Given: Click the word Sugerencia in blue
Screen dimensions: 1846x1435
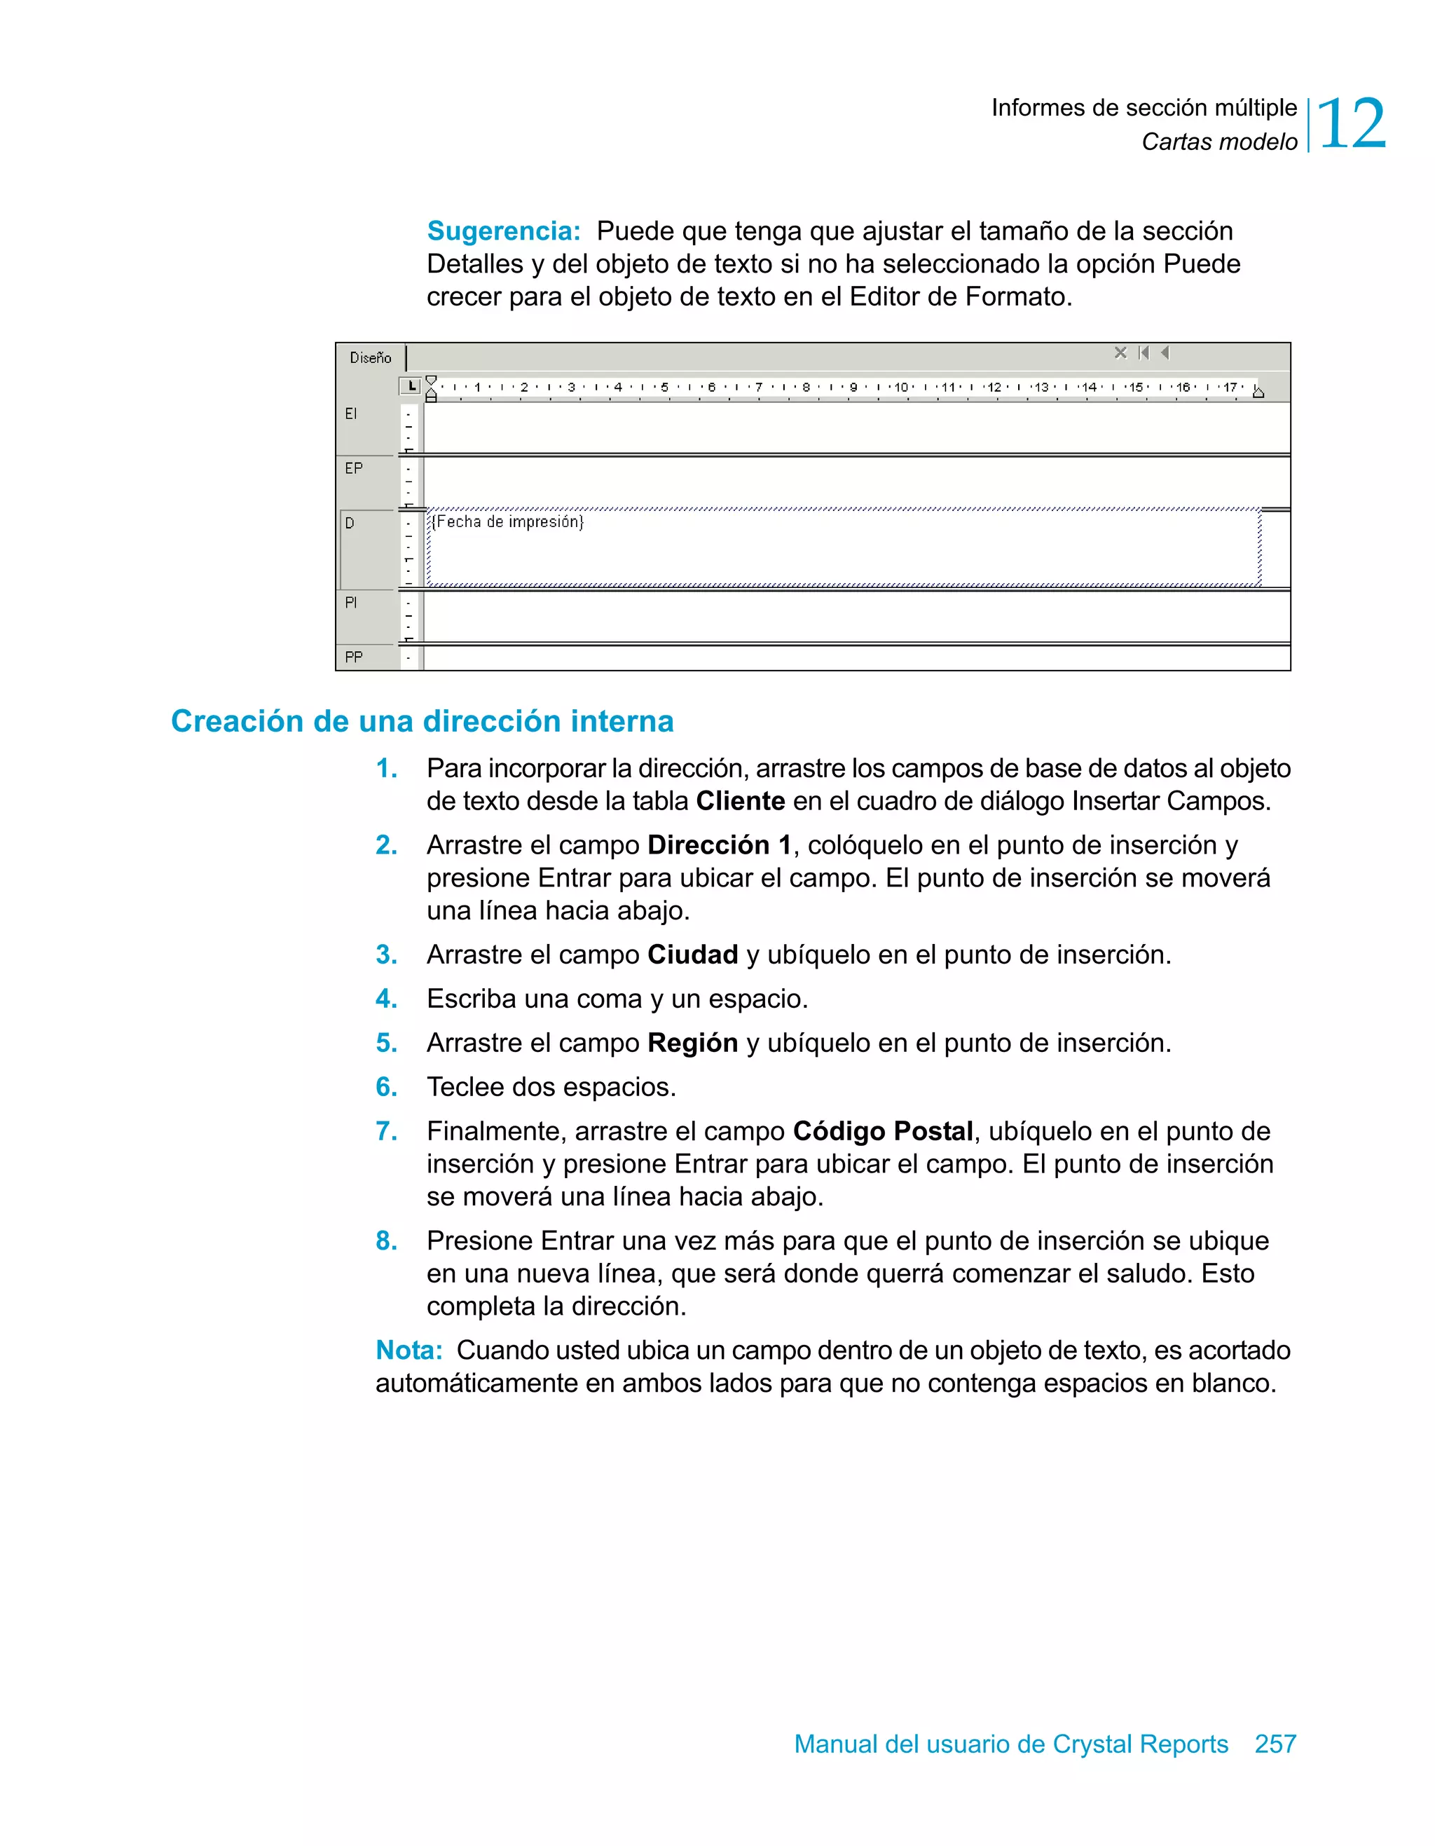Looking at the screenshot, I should point(504,231).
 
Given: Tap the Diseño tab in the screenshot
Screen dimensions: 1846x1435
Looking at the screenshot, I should point(370,357).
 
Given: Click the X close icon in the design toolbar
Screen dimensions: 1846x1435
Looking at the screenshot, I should point(1120,353).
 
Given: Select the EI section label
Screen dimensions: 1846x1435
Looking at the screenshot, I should point(351,413).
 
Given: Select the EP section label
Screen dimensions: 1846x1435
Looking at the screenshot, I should point(353,467).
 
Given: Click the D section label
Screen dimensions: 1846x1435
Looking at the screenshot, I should point(349,524).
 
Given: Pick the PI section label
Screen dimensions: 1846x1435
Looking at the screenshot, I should point(351,603).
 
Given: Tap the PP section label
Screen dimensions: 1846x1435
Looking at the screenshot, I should point(353,657).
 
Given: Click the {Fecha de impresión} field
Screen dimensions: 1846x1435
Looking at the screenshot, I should point(507,521).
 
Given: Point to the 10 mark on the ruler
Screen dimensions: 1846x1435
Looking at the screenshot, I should point(901,387).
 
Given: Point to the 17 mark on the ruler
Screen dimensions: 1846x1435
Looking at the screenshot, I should point(1230,387).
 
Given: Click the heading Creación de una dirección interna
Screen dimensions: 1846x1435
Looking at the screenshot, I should point(422,721).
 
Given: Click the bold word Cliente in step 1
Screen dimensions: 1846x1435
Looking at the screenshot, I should point(741,800).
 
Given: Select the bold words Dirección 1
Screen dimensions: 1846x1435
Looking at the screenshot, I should point(719,845).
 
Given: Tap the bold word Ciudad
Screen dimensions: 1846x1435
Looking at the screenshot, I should point(692,955).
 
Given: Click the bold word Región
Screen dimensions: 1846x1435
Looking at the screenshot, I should point(692,1043).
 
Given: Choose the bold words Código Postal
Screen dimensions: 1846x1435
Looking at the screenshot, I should point(882,1131).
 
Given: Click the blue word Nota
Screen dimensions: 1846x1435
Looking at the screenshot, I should point(408,1350).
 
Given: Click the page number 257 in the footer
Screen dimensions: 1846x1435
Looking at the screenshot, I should point(1275,1744).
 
